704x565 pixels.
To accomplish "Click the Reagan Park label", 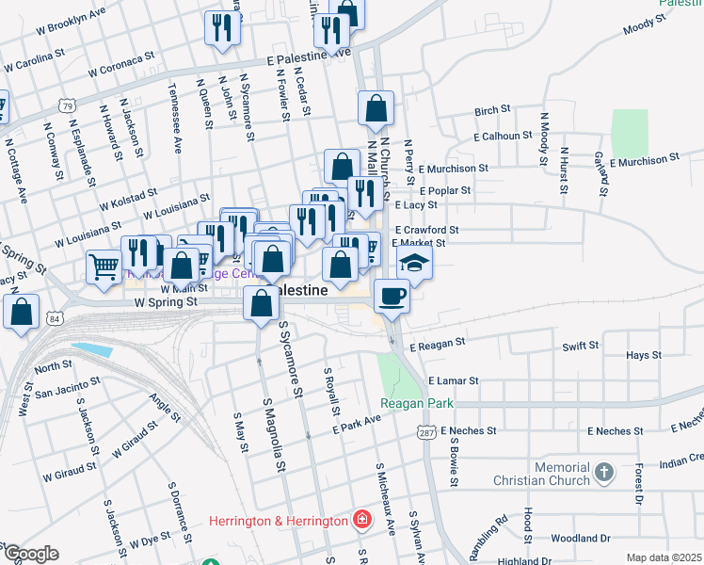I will point(417,403).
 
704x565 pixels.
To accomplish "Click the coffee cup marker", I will point(392,296).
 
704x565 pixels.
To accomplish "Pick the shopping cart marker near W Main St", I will point(103,265).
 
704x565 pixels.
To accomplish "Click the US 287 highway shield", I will point(426,430).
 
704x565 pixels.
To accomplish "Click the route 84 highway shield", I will point(56,318).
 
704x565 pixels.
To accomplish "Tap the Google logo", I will point(30,554).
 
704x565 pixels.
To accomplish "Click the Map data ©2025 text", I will point(663,557).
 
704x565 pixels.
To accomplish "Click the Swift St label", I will point(581,347).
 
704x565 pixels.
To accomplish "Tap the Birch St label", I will point(492,111).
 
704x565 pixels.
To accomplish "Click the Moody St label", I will point(645,25).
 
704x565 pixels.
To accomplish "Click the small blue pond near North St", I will point(92,351).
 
